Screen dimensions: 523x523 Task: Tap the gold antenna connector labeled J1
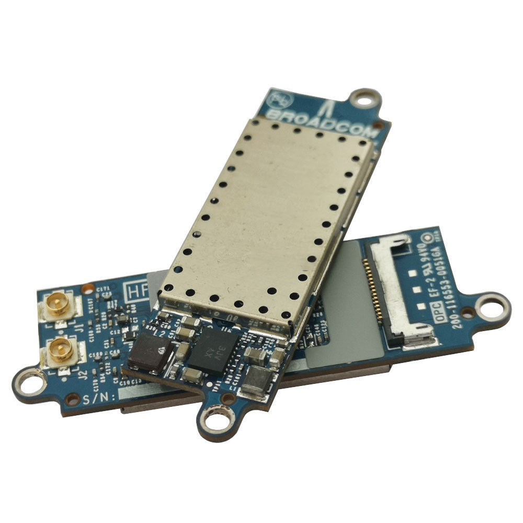tap(59, 306)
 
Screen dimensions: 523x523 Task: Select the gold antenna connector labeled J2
tap(60, 349)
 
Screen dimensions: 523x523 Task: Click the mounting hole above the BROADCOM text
tap(365, 97)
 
